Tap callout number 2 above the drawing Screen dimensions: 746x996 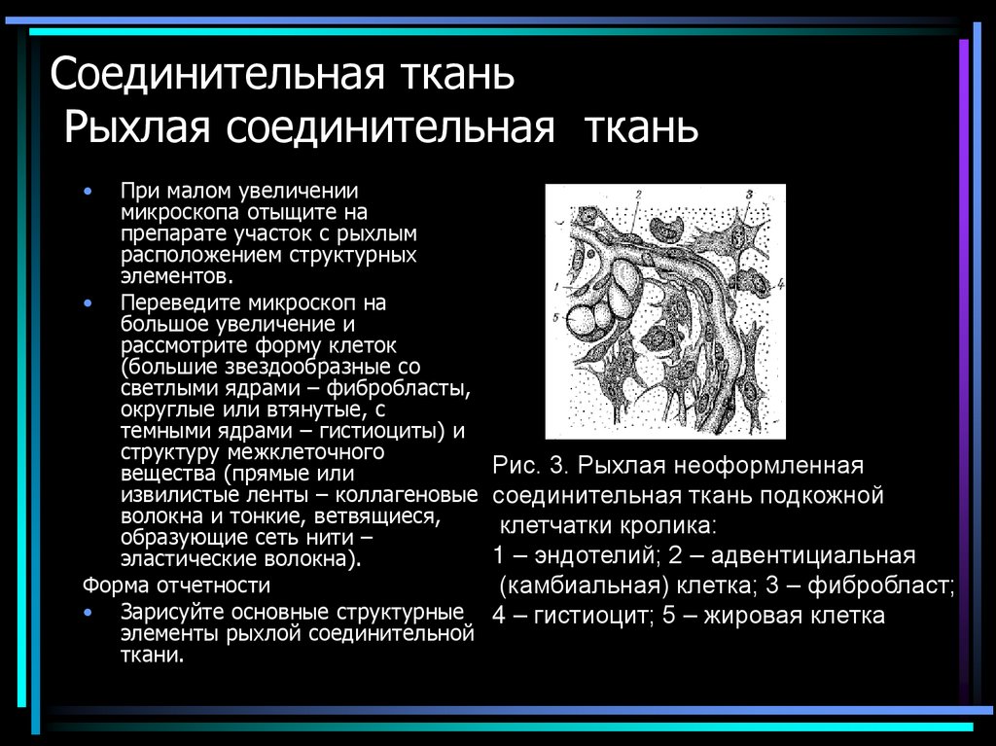[x=638, y=194]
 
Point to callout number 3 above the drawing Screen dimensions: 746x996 [x=748, y=194]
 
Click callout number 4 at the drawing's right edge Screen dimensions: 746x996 [x=780, y=284]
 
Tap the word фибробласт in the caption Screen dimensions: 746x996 [x=893, y=586]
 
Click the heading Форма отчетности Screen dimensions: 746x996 [x=176, y=586]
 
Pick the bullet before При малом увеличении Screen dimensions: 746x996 [x=89, y=192]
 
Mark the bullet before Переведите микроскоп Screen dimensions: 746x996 [x=89, y=303]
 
